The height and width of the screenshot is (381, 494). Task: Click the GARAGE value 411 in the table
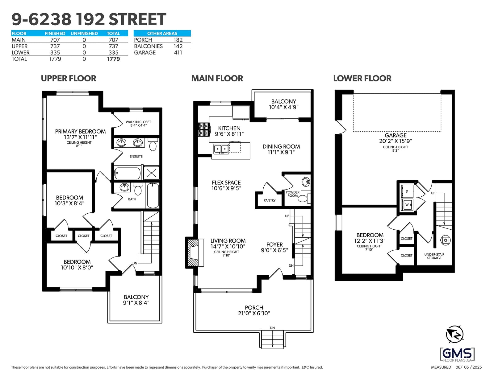(x=178, y=53)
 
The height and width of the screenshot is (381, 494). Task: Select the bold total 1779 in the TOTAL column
(x=113, y=59)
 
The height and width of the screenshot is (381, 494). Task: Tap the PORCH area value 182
(x=178, y=40)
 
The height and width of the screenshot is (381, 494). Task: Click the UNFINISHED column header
(x=84, y=34)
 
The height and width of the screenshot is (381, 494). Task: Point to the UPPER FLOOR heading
(x=69, y=79)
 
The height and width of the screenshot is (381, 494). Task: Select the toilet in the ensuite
(x=153, y=144)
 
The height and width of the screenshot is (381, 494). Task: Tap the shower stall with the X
(x=151, y=173)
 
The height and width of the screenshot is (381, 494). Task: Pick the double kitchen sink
(x=221, y=149)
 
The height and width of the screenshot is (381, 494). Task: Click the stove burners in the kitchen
(x=203, y=129)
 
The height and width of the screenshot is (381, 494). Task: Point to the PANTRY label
(x=270, y=200)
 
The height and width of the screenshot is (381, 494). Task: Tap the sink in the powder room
(x=306, y=182)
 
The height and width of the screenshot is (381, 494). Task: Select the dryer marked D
(x=407, y=191)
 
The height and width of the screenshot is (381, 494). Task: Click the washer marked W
(x=407, y=205)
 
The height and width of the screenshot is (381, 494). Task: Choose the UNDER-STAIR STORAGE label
(x=434, y=256)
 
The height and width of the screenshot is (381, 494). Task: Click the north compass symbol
(x=455, y=334)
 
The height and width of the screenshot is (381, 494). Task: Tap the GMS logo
(x=457, y=355)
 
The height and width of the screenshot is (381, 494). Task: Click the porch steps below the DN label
(x=272, y=339)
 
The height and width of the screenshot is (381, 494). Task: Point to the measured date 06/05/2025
(x=469, y=367)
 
